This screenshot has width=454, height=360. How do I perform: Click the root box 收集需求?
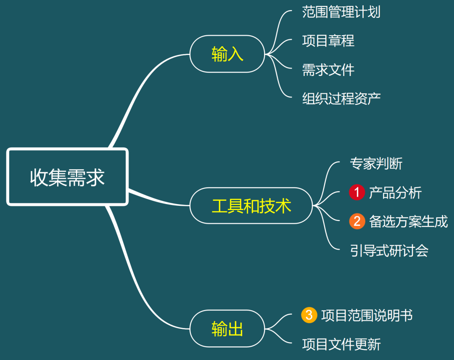pos(67,177)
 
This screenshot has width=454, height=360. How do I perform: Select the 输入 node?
pos(227,54)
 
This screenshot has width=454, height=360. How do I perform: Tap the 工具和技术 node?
pos(251,205)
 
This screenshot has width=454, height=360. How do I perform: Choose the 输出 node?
pos(227,328)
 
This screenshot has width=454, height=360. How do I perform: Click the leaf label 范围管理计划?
pos(341,12)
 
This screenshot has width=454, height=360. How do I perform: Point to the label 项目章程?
pos(328,41)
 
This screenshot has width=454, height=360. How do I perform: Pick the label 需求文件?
pos(328,69)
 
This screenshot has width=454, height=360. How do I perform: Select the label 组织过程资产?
pos(341,98)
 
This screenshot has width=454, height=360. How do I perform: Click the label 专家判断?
pos(376,163)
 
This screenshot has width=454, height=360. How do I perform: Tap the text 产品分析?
pos(395,193)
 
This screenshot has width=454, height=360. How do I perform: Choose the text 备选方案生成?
pos(408,221)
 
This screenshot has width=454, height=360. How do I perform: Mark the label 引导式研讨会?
pos(389,251)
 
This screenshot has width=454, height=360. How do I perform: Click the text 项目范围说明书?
pos(367,315)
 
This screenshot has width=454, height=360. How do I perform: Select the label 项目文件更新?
pos(341,344)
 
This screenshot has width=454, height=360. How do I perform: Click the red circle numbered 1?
pos(357,193)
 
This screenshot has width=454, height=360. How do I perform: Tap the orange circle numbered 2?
pos(357,221)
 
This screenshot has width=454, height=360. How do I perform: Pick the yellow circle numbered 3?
pos(309,315)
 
